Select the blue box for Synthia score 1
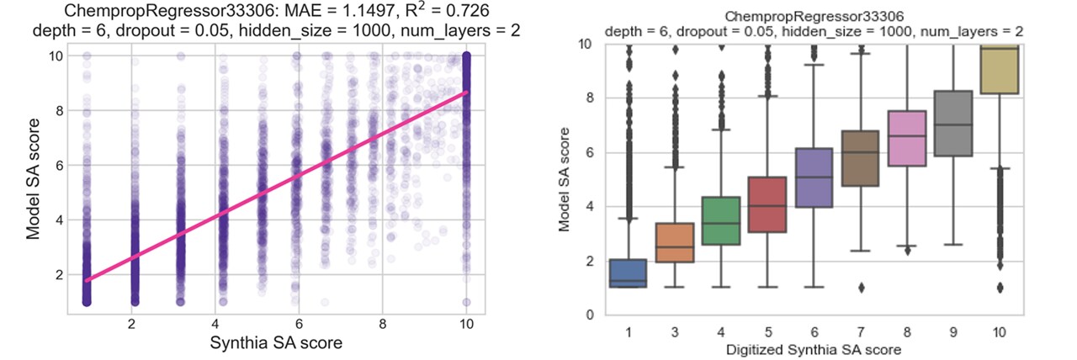tap(629, 273)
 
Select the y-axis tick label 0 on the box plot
tap(589, 315)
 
